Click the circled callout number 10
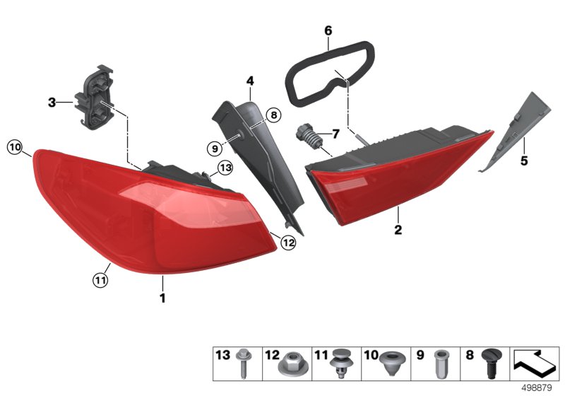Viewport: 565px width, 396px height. click(x=15, y=148)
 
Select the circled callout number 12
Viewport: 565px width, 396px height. click(x=287, y=243)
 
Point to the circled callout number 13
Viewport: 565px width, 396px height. click(x=225, y=168)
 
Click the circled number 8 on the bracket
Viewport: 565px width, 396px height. click(x=274, y=114)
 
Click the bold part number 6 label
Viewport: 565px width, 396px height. click(x=328, y=31)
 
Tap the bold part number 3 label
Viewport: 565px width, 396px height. click(x=52, y=103)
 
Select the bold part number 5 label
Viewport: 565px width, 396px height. click(x=524, y=161)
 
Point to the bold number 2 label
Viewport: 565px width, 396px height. click(x=398, y=230)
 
